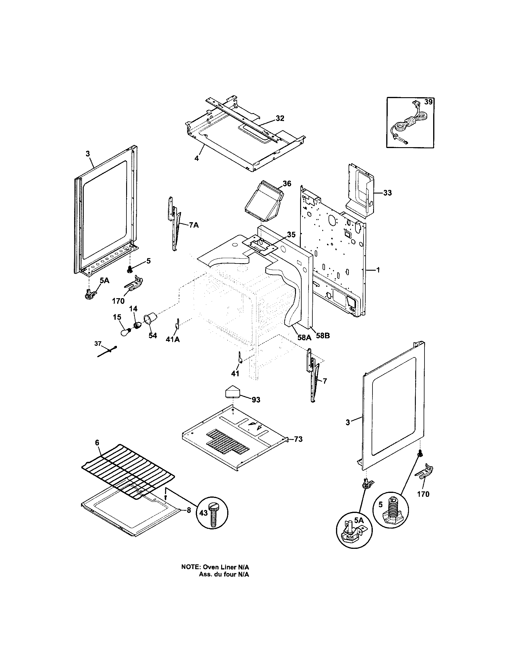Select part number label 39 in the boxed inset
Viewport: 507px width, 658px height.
coord(428,102)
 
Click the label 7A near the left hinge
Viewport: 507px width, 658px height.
coord(194,225)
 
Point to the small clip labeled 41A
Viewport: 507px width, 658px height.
coord(177,324)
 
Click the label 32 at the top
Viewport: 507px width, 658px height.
coord(280,118)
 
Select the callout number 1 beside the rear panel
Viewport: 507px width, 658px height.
coord(378,270)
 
